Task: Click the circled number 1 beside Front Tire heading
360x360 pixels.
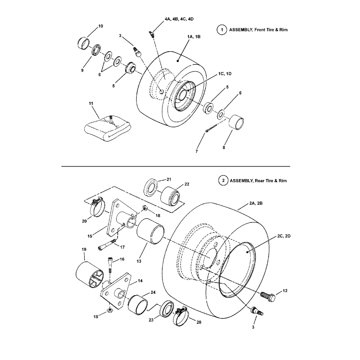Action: [221, 30]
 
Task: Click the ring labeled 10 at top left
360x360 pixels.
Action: [84, 44]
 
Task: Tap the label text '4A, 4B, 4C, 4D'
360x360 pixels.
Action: [179, 19]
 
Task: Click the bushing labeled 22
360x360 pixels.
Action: [171, 195]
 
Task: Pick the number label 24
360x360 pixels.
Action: [153, 292]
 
